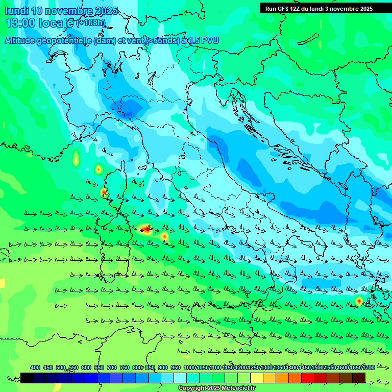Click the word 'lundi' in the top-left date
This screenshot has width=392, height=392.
point(16,11)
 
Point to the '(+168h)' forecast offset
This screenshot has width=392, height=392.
point(91,23)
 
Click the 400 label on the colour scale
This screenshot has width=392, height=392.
point(35,367)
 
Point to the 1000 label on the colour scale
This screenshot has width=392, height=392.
point(190,367)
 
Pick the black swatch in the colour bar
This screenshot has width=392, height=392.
point(27,378)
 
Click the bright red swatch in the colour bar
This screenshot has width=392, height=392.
point(307,378)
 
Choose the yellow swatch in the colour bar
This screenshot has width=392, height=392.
point(256,378)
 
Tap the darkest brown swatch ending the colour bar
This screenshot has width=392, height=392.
point(359,378)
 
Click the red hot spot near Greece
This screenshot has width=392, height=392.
point(359,301)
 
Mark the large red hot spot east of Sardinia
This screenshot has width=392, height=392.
point(146,229)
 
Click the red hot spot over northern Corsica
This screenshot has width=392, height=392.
point(104,192)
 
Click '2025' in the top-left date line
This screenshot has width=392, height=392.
point(106,11)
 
